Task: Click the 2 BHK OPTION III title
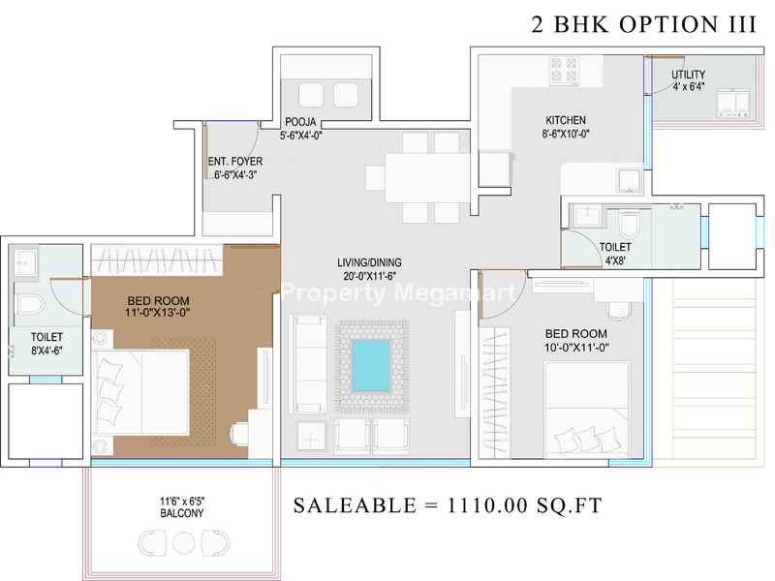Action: coord(643,25)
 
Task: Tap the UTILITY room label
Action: coord(688,75)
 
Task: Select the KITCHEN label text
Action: coord(566,120)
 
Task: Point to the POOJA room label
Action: coord(300,122)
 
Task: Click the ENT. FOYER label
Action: coord(235,162)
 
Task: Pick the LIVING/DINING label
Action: coord(369,262)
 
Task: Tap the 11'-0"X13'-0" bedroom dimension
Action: coord(158,312)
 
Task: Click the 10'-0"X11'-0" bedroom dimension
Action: coord(576,348)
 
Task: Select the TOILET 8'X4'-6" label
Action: coord(46,344)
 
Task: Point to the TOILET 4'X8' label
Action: coord(615,254)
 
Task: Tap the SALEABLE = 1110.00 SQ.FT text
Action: coord(448,505)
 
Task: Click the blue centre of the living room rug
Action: coord(371,365)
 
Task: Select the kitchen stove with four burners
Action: coord(565,70)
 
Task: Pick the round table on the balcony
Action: coord(183,543)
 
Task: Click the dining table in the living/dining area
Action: coord(427,177)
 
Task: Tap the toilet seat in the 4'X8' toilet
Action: coord(629,225)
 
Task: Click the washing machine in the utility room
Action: coord(733,104)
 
